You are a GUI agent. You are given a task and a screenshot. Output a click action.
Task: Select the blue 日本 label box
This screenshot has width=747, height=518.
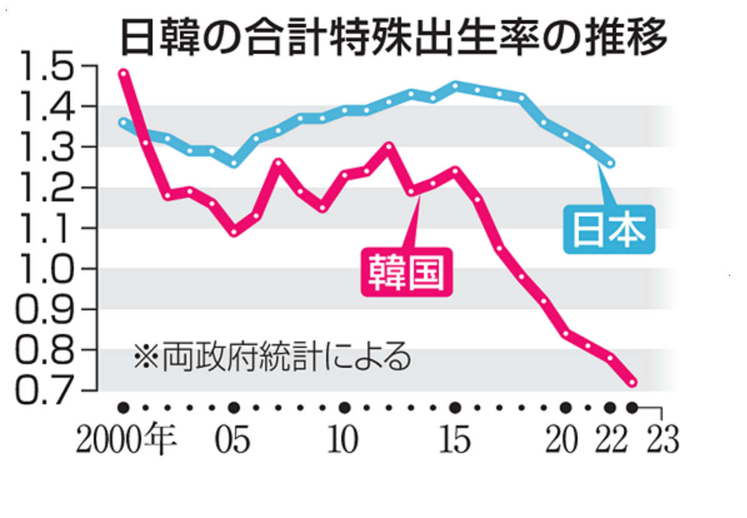click(x=609, y=229)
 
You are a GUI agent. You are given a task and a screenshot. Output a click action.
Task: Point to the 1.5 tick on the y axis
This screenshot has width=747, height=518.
click(x=47, y=68)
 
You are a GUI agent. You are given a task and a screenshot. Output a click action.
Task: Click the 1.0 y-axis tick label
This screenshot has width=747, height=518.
click(x=47, y=269)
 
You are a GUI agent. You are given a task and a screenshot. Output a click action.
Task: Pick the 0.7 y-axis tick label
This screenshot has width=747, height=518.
click(x=47, y=390)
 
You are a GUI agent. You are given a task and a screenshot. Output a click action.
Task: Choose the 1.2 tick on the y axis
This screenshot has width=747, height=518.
click(x=47, y=188)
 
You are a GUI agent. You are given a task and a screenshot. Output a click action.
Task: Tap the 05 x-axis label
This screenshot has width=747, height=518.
click(x=233, y=440)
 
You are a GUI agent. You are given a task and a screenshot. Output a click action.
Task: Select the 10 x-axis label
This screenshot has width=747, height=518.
click(x=343, y=440)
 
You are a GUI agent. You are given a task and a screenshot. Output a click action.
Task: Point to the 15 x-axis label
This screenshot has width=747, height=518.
click(x=454, y=440)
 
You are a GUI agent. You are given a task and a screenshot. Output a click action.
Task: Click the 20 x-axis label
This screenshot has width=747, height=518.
click(x=561, y=440)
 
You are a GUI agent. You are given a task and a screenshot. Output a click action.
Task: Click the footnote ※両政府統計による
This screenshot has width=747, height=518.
click(x=273, y=357)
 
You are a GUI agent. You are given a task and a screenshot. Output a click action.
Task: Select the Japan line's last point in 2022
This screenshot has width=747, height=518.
click(x=611, y=163)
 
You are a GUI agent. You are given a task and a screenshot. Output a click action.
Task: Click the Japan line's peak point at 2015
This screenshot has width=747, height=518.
click(x=455, y=85)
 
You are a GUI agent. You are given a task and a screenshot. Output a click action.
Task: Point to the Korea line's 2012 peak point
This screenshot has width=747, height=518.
click(x=389, y=146)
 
